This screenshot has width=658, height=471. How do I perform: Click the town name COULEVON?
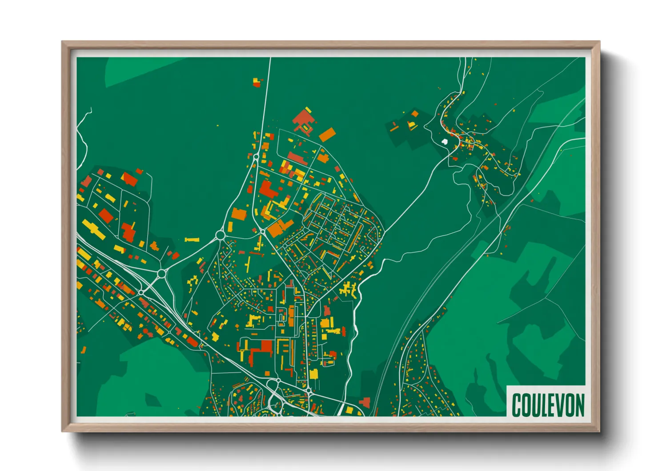click(548, 405)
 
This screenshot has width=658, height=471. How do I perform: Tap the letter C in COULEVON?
click(517, 405)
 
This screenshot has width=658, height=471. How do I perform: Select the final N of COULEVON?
click(579, 405)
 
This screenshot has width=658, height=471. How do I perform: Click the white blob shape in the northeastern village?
click(444, 142)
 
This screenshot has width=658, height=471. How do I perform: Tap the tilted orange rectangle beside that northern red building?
click(327, 134)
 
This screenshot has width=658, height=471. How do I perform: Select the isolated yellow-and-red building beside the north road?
click(257, 82)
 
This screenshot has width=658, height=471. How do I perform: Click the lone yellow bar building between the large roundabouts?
click(192, 240)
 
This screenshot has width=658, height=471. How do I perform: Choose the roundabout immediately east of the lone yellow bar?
click(220, 235)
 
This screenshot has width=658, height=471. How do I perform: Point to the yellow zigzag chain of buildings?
click(193, 283)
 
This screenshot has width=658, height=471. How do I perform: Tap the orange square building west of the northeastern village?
click(415, 114)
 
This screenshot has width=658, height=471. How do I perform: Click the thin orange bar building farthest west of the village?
click(394, 128)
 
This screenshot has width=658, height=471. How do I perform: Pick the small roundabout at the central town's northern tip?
click(256, 156)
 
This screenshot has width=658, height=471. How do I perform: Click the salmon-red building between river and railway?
click(365, 402)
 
